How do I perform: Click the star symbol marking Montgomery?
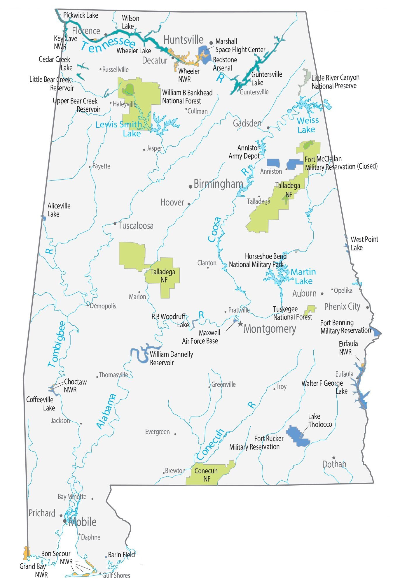click(240, 324)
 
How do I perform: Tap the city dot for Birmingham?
click(191, 187)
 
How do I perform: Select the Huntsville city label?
click(183, 40)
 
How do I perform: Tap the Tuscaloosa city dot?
click(115, 224)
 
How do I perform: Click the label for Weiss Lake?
click(307, 125)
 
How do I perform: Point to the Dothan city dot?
click(333, 458)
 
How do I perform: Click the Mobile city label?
click(82, 522)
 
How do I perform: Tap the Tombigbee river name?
click(57, 344)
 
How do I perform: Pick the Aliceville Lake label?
click(59, 210)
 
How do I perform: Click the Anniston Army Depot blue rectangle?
click(273, 163)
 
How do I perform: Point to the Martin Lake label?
click(303, 276)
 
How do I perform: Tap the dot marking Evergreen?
click(175, 434)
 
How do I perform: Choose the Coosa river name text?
click(214, 229)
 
